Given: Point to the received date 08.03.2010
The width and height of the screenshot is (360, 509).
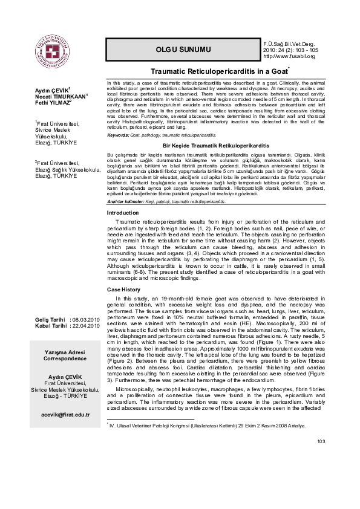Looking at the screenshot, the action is point(87,319).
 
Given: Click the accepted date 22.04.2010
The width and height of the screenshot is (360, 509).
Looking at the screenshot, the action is point(87,325).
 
